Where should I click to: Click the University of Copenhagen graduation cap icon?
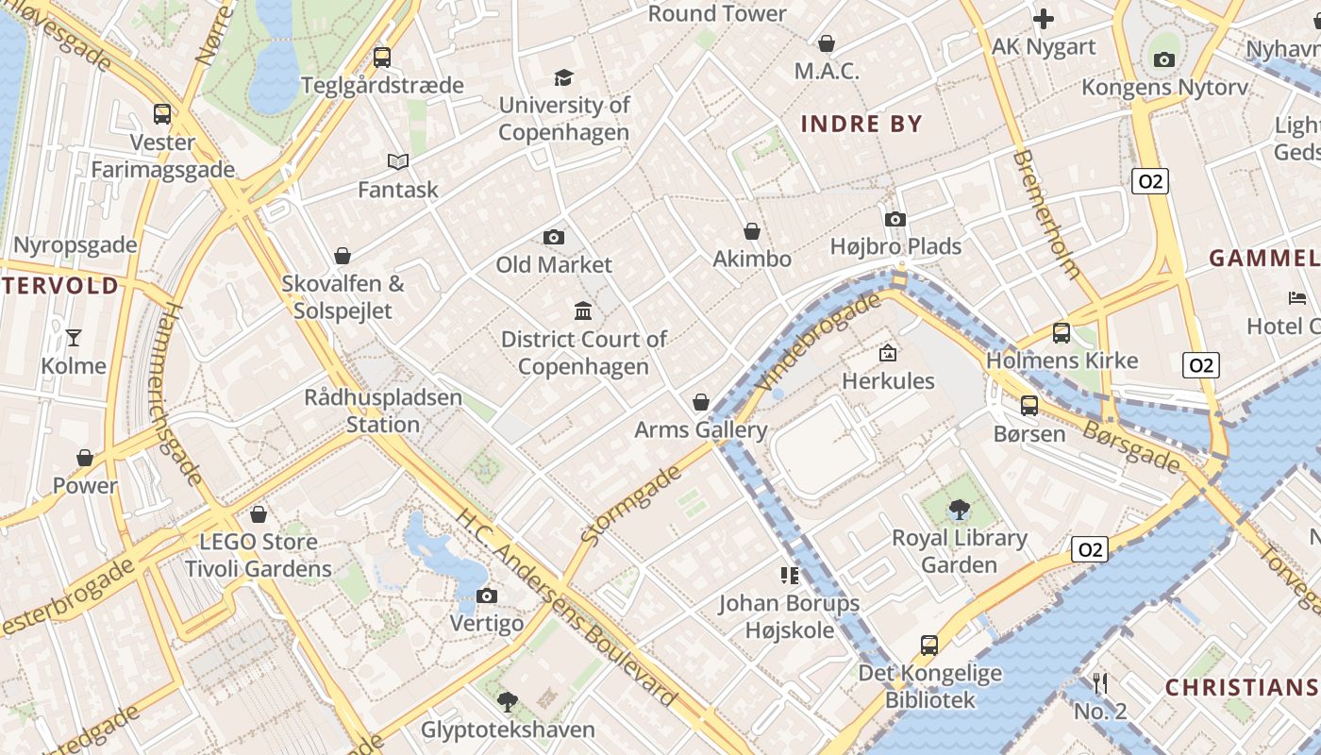(563, 77)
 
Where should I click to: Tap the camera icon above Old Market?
(554, 237)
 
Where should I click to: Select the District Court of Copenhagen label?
(583, 352)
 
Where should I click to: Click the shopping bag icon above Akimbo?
(752, 231)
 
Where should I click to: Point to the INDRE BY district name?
(861, 124)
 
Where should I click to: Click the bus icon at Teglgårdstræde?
(382, 57)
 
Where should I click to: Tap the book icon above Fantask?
(398, 162)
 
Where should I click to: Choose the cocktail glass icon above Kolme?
(74, 338)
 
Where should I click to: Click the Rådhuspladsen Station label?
(383, 411)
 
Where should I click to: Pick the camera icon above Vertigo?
(487, 596)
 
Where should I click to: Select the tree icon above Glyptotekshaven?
(508, 701)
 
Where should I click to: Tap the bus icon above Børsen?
(1029, 406)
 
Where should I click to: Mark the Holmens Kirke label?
(1062, 361)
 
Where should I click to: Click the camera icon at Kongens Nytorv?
(1164, 60)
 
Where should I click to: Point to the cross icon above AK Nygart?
(1044, 19)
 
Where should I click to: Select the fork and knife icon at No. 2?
(1099, 683)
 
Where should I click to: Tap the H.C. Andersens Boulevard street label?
(566, 609)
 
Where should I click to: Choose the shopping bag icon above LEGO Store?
(259, 514)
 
